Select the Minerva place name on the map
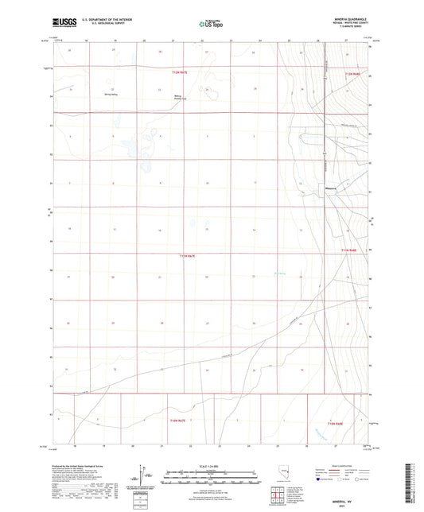pos(332,188)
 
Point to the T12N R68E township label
pos(352,74)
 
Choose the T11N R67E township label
pos(186,255)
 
